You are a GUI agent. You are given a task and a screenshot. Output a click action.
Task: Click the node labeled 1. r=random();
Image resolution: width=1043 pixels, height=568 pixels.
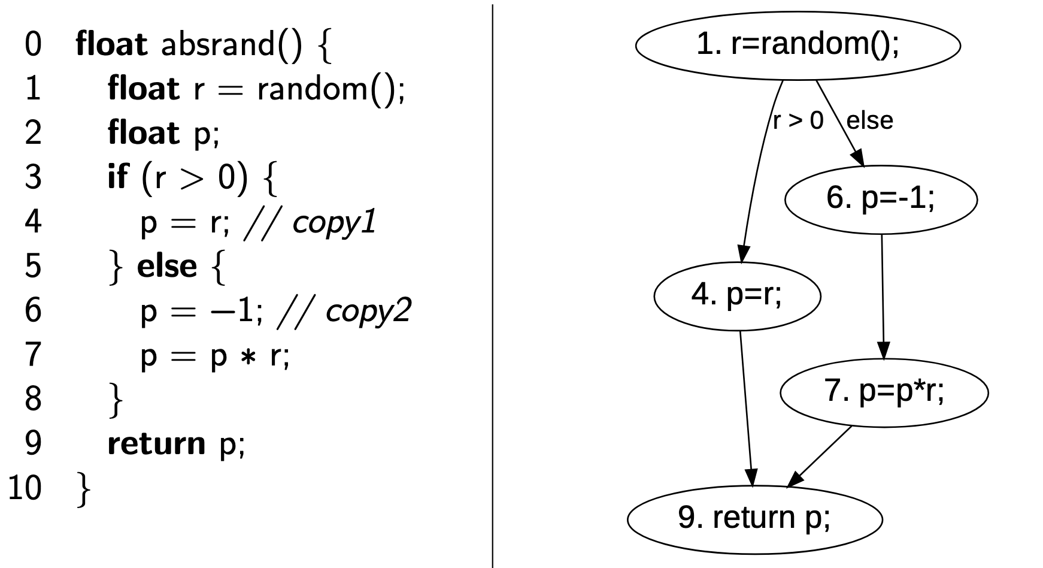(798, 46)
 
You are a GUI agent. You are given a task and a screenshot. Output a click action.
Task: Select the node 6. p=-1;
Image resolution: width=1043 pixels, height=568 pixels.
(880, 199)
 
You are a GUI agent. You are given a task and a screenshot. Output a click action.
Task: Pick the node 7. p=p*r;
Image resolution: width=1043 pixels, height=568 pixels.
(884, 392)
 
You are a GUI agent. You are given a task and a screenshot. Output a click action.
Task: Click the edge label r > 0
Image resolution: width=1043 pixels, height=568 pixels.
(798, 121)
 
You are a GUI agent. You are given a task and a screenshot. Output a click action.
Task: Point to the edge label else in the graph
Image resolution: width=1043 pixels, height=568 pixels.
(869, 121)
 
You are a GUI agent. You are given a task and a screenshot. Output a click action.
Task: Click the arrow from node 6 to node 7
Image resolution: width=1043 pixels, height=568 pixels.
(883, 294)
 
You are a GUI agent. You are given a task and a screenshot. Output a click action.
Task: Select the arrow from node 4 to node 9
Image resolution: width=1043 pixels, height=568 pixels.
(747, 407)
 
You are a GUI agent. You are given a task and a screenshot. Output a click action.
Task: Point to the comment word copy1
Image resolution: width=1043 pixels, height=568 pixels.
(333, 223)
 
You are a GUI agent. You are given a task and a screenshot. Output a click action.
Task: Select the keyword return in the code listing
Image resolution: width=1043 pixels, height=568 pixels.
(156, 443)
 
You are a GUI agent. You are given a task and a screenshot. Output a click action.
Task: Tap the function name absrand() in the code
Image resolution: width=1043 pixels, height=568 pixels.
(232, 46)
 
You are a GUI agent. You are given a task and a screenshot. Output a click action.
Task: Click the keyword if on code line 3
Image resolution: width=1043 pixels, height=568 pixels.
(117, 178)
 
